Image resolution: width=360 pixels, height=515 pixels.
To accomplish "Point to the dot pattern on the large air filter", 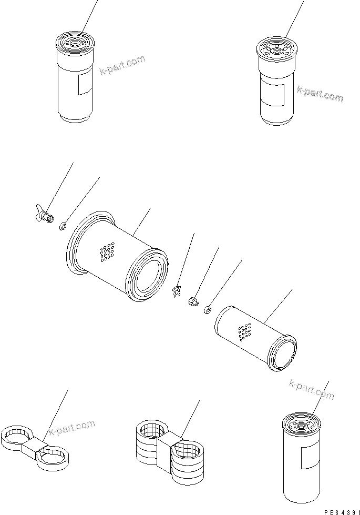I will tap(107, 251).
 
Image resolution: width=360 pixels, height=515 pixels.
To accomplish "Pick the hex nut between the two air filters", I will tap(192, 301).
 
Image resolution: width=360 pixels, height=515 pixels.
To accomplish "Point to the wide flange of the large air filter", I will tap(77, 241).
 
